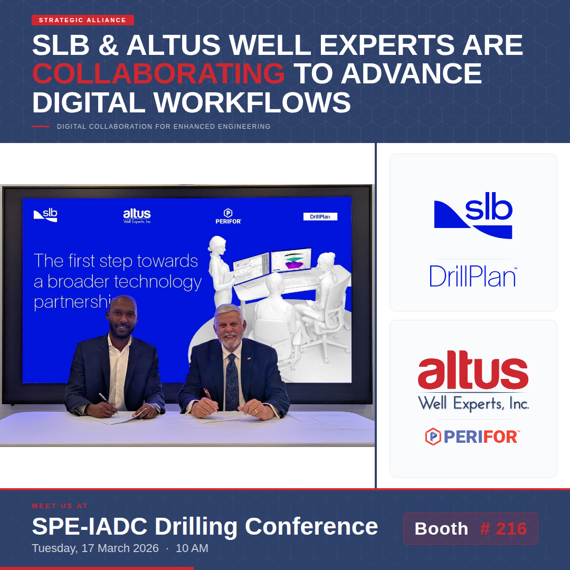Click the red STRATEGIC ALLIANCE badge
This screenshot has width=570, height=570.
coord(82,20)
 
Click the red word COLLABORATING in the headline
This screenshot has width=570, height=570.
coord(158,73)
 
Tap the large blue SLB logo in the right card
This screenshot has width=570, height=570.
coord(473,217)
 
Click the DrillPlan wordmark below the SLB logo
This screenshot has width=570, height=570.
coord(473,275)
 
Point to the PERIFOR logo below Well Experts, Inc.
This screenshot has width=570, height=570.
coord(473,436)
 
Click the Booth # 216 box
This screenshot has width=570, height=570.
coord(470,528)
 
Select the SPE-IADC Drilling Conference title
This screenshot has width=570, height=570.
coord(205,526)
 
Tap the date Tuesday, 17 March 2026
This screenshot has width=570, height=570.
coord(95,548)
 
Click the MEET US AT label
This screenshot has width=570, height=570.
coord(60,506)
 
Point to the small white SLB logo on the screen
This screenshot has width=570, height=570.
coord(45,215)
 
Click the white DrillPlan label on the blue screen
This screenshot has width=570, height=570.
coord(320,216)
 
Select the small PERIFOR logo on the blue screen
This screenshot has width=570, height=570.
coord(228,216)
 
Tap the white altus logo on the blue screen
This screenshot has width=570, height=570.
coord(137,215)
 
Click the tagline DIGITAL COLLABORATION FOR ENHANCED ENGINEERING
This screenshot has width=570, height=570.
coord(164,127)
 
